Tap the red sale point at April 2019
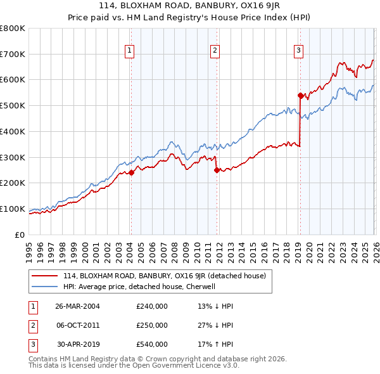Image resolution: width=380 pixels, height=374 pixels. pos(300,95)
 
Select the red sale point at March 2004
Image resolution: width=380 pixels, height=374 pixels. pos(131,172)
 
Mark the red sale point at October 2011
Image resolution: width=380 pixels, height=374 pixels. pos(217,170)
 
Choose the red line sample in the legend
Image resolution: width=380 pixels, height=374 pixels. pos(45,276)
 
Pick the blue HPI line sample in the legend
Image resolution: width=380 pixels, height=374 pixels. pos(45,287)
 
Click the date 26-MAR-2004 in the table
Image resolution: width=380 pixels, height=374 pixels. pos(77,306)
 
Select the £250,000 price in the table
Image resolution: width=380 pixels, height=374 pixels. pos(152,325)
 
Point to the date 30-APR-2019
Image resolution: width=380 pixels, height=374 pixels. pos(77,345)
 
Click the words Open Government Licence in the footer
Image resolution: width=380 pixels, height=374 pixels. pos(170,365)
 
